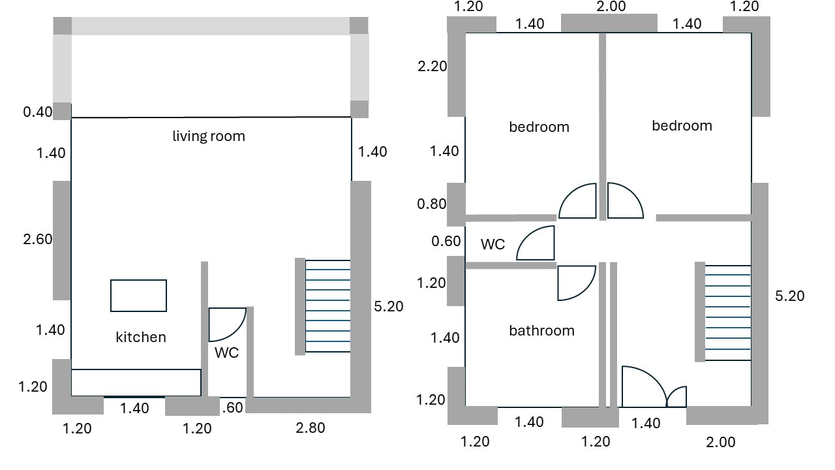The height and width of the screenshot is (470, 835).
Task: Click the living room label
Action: (x=209, y=136)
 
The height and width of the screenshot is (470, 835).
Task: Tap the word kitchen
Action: (x=141, y=337)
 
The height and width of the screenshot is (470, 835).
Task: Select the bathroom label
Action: (x=541, y=331)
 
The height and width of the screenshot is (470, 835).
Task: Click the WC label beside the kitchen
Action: (x=227, y=352)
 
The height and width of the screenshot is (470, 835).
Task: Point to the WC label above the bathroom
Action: (x=493, y=245)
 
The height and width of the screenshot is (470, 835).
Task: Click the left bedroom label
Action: (x=539, y=127)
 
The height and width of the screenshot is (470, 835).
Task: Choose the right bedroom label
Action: (x=682, y=126)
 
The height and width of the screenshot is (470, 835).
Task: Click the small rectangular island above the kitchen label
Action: (x=138, y=296)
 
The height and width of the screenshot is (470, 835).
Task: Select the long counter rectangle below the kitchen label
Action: (x=136, y=383)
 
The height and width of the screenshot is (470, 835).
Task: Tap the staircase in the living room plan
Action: (x=327, y=306)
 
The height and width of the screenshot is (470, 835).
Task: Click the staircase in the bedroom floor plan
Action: (x=727, y=312)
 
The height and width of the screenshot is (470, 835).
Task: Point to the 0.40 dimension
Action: (x=37, y=112)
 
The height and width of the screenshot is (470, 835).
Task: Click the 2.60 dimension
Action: (x=37, y=240)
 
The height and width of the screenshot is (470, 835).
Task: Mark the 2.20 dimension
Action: (x=432, y=66)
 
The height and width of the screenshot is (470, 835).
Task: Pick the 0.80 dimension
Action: (x=432, y=204)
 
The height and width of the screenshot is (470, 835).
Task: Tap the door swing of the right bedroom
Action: (x=624, y=202)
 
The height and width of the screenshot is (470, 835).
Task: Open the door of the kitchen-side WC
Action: (x=226, y=324)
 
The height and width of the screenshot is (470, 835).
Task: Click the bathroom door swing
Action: (x=575, y=282)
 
